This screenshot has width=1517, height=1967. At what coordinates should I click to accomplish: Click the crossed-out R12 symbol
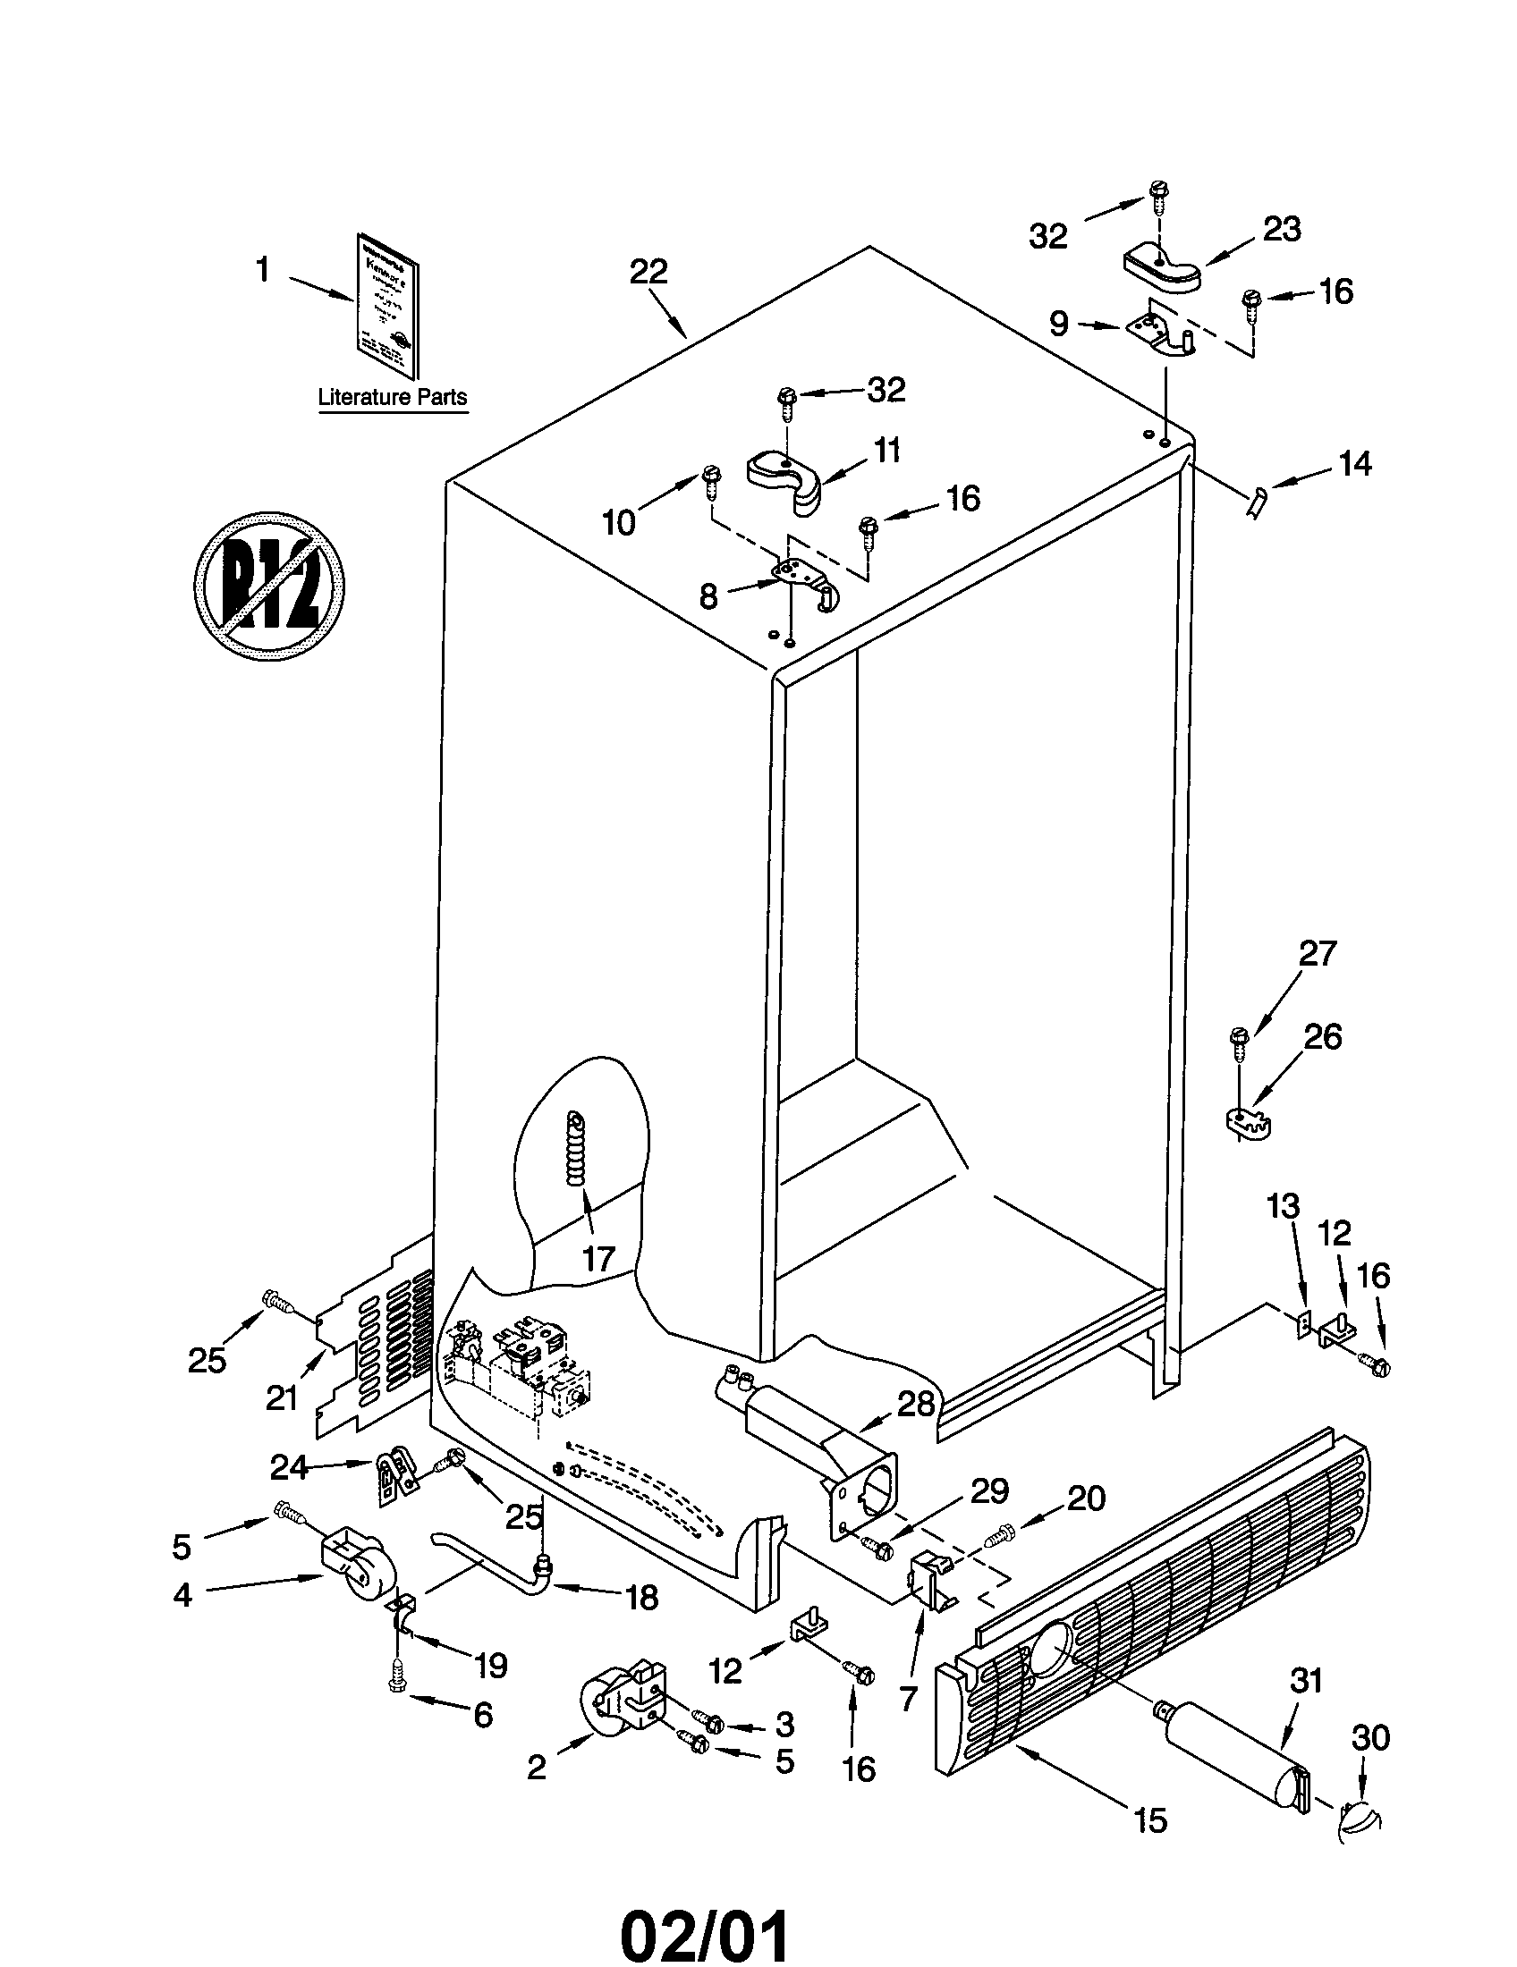pos(269,586)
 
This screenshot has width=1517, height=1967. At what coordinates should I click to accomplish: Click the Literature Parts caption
pos(393,397)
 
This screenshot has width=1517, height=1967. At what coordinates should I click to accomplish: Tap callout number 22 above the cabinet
pos(648,273)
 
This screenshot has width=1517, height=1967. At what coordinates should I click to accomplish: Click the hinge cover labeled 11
pos(786,477)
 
